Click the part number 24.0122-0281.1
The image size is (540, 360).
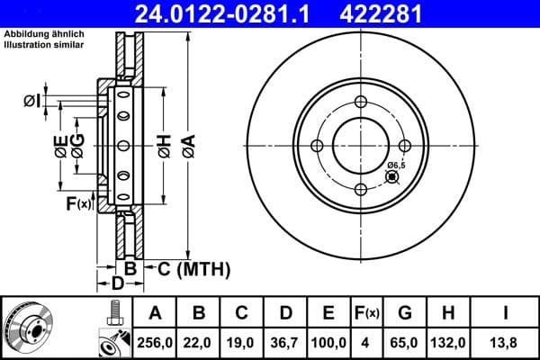(229, 13)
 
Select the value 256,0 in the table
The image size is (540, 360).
(155, 343)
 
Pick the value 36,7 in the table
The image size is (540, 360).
(285, 343)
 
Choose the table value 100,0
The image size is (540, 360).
(328, 343)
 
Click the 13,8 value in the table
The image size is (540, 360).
(505, 343)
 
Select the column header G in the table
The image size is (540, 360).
(405, 313)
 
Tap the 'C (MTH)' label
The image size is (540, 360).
(193, 268)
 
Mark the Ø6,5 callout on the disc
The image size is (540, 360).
(398, 165)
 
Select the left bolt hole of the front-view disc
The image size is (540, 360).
(317, 146)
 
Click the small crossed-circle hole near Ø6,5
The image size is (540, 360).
(391, 176)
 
